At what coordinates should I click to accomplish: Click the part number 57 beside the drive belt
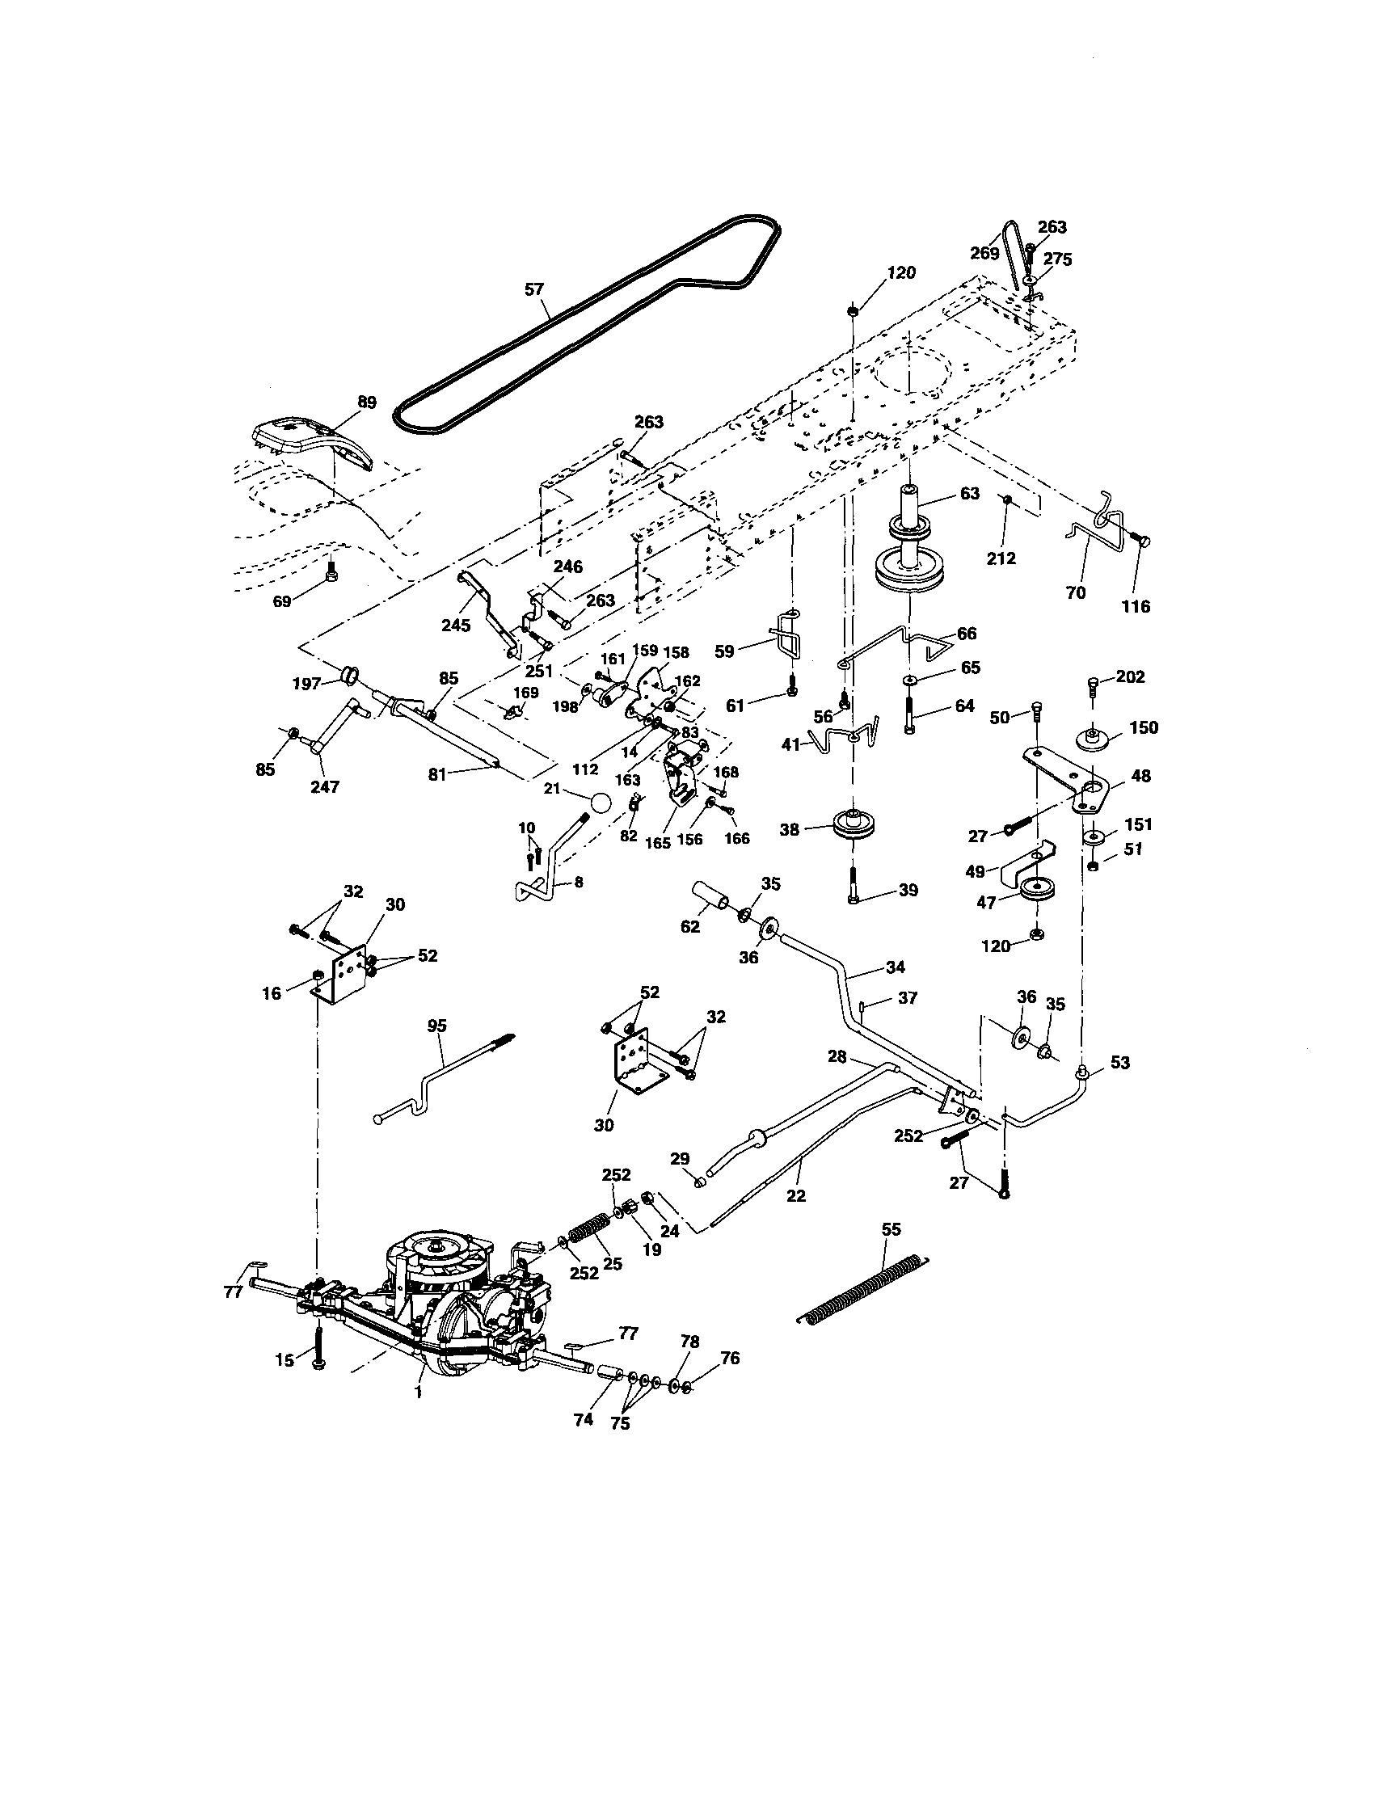click(x=533, y=289)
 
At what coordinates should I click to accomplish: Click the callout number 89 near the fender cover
click(x=367, y=402)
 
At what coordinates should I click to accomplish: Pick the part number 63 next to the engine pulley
click(x=969, y=493)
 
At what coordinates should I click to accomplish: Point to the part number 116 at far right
click(x=1137, y=608)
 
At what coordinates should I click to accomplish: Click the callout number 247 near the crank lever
click(x=326, y=786)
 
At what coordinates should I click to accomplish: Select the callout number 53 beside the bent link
click(x=1119, y=1063)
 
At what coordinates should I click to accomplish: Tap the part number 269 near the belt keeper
click(x=984, y=253)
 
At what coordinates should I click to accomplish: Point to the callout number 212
click(x=1001, y=558)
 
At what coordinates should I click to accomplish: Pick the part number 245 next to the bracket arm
click(x=455, y=626)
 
